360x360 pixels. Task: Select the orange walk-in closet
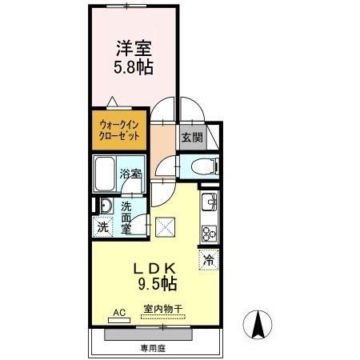120,130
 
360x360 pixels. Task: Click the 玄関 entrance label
191,137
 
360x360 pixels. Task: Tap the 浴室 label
131,174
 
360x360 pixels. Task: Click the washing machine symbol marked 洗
102,226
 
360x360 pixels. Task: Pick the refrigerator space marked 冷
209,259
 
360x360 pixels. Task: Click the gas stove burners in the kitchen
210,234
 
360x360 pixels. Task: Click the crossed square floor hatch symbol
165,226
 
